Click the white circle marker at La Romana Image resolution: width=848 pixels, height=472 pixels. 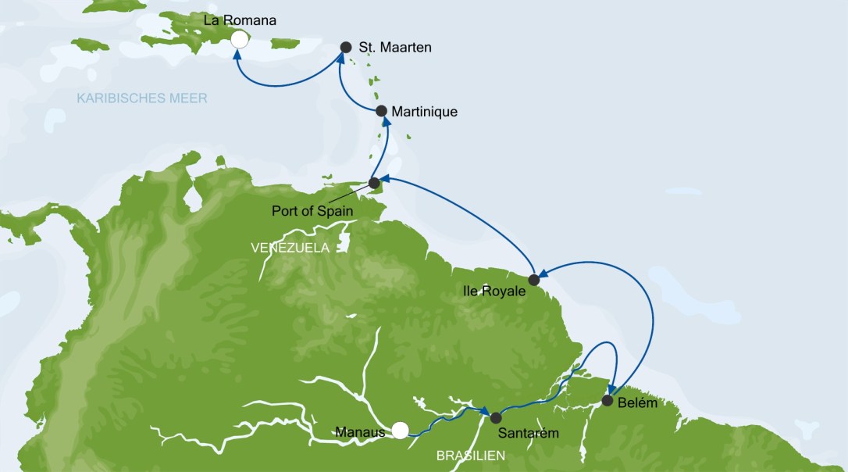241,38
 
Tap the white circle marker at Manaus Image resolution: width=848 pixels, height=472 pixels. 400,430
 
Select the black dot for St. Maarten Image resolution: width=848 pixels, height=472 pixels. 346,47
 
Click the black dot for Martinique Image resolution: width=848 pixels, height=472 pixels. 381,112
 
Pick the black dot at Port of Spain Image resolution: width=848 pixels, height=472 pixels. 374,183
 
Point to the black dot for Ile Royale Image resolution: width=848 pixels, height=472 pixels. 534,279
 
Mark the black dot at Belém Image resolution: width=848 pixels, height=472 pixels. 607,401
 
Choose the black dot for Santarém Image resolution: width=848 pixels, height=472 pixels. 495,417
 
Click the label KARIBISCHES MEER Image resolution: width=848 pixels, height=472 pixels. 142,98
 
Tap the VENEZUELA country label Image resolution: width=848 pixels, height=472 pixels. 290,247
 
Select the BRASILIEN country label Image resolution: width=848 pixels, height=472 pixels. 470,455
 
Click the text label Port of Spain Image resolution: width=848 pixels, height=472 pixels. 312,211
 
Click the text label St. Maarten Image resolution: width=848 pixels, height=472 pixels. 395,48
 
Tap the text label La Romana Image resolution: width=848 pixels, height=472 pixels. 240,20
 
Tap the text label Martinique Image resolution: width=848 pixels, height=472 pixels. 424,112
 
